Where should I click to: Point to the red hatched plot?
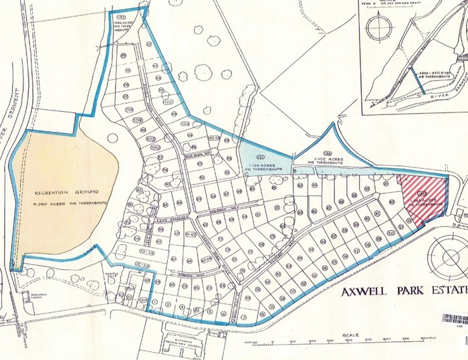tap(422, 199)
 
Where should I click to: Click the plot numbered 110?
tap(128, 110)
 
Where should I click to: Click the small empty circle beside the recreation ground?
tap(112, 139)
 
